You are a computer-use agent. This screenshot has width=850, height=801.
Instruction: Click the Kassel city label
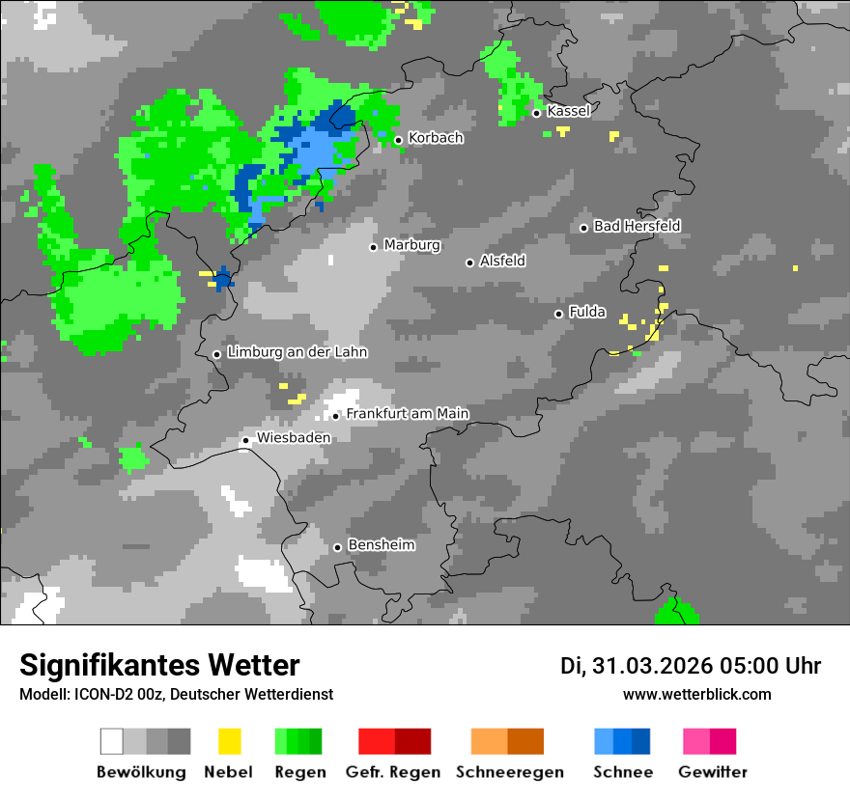pos(568,111)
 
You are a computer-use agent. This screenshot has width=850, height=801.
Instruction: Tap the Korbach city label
pos(436,138)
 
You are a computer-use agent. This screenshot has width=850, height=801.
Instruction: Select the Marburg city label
pos(411,245)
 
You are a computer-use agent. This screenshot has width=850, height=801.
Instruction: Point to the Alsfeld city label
pos(502,261)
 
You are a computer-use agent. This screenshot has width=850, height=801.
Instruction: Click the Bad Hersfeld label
pos(637,226)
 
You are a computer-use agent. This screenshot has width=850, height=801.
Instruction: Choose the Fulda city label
pos(587,312)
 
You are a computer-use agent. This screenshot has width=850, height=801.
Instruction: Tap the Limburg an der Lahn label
pos(297,352)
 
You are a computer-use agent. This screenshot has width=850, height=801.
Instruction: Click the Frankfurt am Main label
pos(407,414)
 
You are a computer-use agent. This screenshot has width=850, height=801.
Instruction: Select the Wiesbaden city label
pos(293,437)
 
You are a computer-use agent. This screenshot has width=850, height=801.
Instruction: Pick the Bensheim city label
pos(381,545)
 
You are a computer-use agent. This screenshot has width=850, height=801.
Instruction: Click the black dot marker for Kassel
pos(537,113)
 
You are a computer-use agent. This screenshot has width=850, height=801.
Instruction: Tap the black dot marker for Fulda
pos(558,314)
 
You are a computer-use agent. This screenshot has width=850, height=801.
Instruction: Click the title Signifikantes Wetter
pos(159,665)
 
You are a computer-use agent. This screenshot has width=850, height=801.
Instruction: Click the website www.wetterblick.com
pos(696,694)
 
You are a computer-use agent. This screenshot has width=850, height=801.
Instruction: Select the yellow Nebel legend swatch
pos(229,741)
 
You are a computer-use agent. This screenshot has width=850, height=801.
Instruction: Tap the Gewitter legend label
pos(712,772)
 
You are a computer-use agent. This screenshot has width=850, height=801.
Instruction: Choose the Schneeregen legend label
pos(509,772)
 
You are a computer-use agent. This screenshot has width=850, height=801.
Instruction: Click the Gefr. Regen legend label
pos(393,772)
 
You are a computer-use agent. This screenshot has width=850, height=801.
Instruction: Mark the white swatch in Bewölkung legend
pos(112,741)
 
